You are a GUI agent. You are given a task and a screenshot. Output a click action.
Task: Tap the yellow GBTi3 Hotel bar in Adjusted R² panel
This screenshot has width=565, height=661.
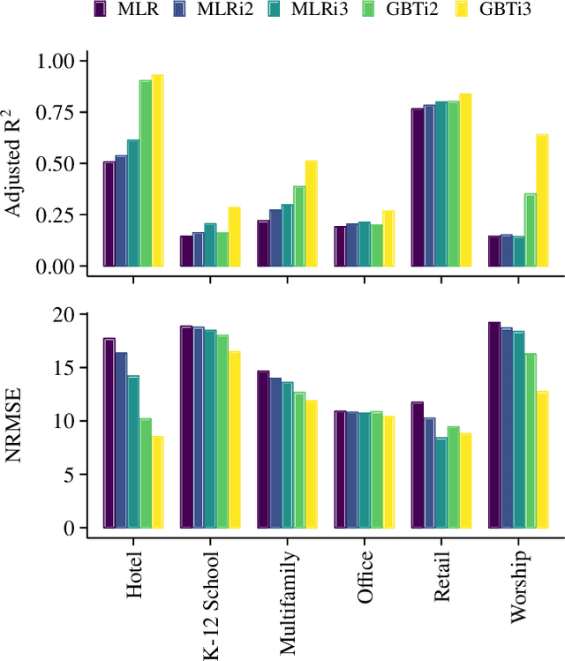click(157, 170)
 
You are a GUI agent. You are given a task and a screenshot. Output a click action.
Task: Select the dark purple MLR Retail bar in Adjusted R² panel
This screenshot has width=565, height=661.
click(418, 187)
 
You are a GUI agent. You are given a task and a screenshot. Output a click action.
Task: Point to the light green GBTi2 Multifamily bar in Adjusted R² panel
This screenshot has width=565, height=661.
click(299, 226)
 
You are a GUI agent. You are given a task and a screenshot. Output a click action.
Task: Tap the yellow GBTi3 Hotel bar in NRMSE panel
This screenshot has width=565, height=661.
click(157, 482)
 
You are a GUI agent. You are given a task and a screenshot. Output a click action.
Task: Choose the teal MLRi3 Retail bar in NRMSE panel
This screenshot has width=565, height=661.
click(441, 483)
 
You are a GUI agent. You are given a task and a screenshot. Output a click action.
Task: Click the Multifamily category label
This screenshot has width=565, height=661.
click(288, 604)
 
